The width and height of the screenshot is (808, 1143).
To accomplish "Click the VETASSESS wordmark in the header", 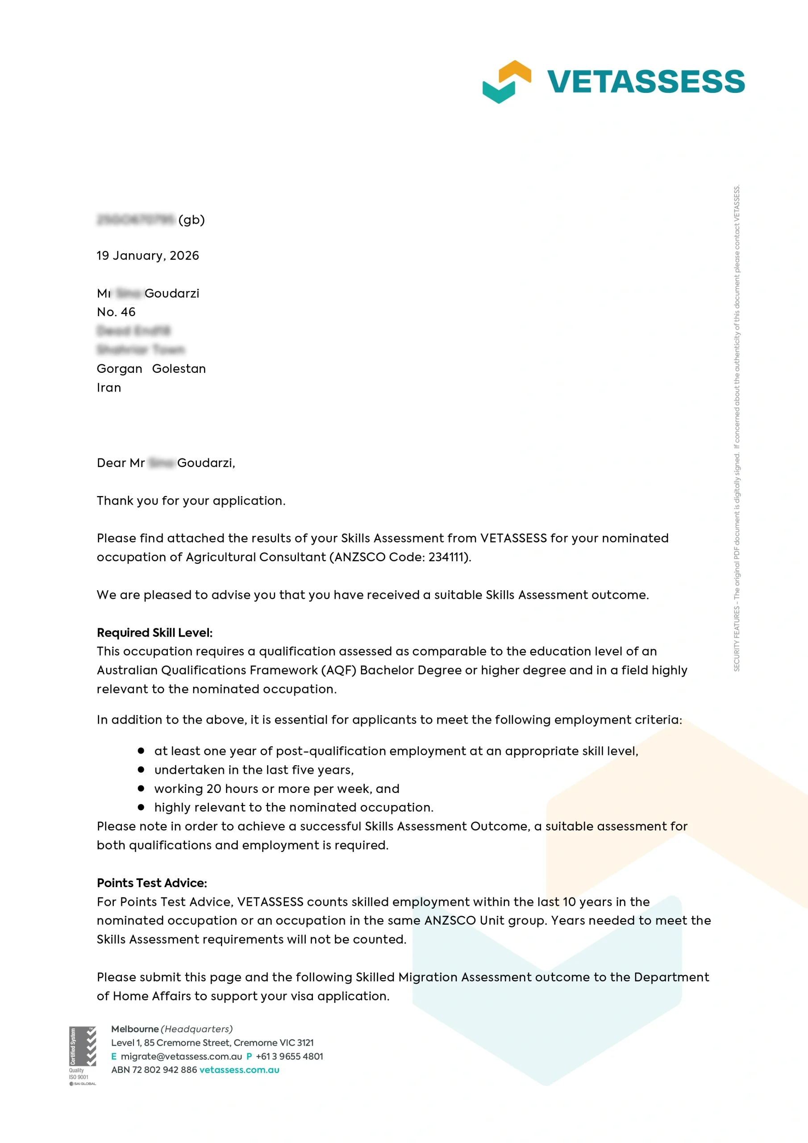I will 645,82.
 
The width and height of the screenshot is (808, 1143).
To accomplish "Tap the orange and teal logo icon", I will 506,82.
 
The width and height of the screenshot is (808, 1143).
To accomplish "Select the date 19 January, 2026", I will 147,255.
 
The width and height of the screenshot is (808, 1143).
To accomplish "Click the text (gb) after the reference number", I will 191,220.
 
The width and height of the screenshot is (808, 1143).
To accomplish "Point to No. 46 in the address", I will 116,312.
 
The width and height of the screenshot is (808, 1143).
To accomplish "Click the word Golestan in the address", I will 179,369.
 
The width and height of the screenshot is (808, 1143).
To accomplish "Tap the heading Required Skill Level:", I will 154,633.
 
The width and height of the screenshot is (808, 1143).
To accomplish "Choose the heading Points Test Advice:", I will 152,883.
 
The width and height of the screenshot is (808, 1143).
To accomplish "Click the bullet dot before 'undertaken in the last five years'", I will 141,770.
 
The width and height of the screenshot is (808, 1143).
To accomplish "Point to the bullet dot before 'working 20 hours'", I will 141,788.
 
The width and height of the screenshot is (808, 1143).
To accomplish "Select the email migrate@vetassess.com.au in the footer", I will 181,1056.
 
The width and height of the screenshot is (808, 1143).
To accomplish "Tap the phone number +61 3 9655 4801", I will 289,1056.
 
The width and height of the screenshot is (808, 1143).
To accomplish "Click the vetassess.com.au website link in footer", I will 239,1070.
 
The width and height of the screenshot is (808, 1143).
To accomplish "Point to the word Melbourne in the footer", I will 134,1029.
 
